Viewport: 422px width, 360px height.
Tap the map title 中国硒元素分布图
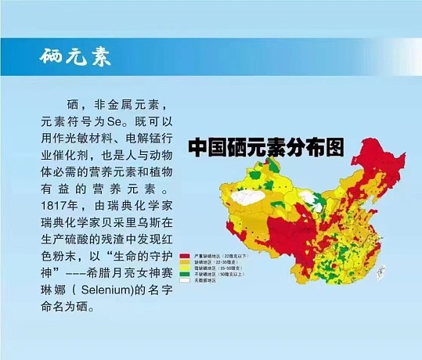[266, 146]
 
